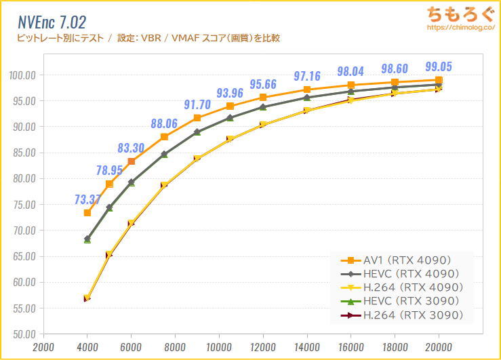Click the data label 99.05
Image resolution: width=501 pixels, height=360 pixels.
coord(439,66)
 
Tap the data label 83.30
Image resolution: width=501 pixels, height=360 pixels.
coord(131,147)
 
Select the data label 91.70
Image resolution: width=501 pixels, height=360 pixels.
coord(197,104)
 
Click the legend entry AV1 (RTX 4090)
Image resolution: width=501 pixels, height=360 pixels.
coord(405,260)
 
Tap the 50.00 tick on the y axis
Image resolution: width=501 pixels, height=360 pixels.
coord(24,334)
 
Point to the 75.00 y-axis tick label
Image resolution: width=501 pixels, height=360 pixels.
coord(24,204)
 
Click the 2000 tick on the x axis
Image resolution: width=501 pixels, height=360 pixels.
coord(43,346)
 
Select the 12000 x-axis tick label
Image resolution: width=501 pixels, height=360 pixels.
coord(263,346)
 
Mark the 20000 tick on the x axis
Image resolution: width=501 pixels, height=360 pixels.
coord(439,346)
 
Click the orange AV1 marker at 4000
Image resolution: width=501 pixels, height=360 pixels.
coord(87,213)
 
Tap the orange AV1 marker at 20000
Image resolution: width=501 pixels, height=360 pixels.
coord(439,80)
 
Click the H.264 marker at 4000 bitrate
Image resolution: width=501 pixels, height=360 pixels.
coord(87,298)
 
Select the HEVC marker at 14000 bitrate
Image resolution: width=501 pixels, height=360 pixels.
coord(307,98)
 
